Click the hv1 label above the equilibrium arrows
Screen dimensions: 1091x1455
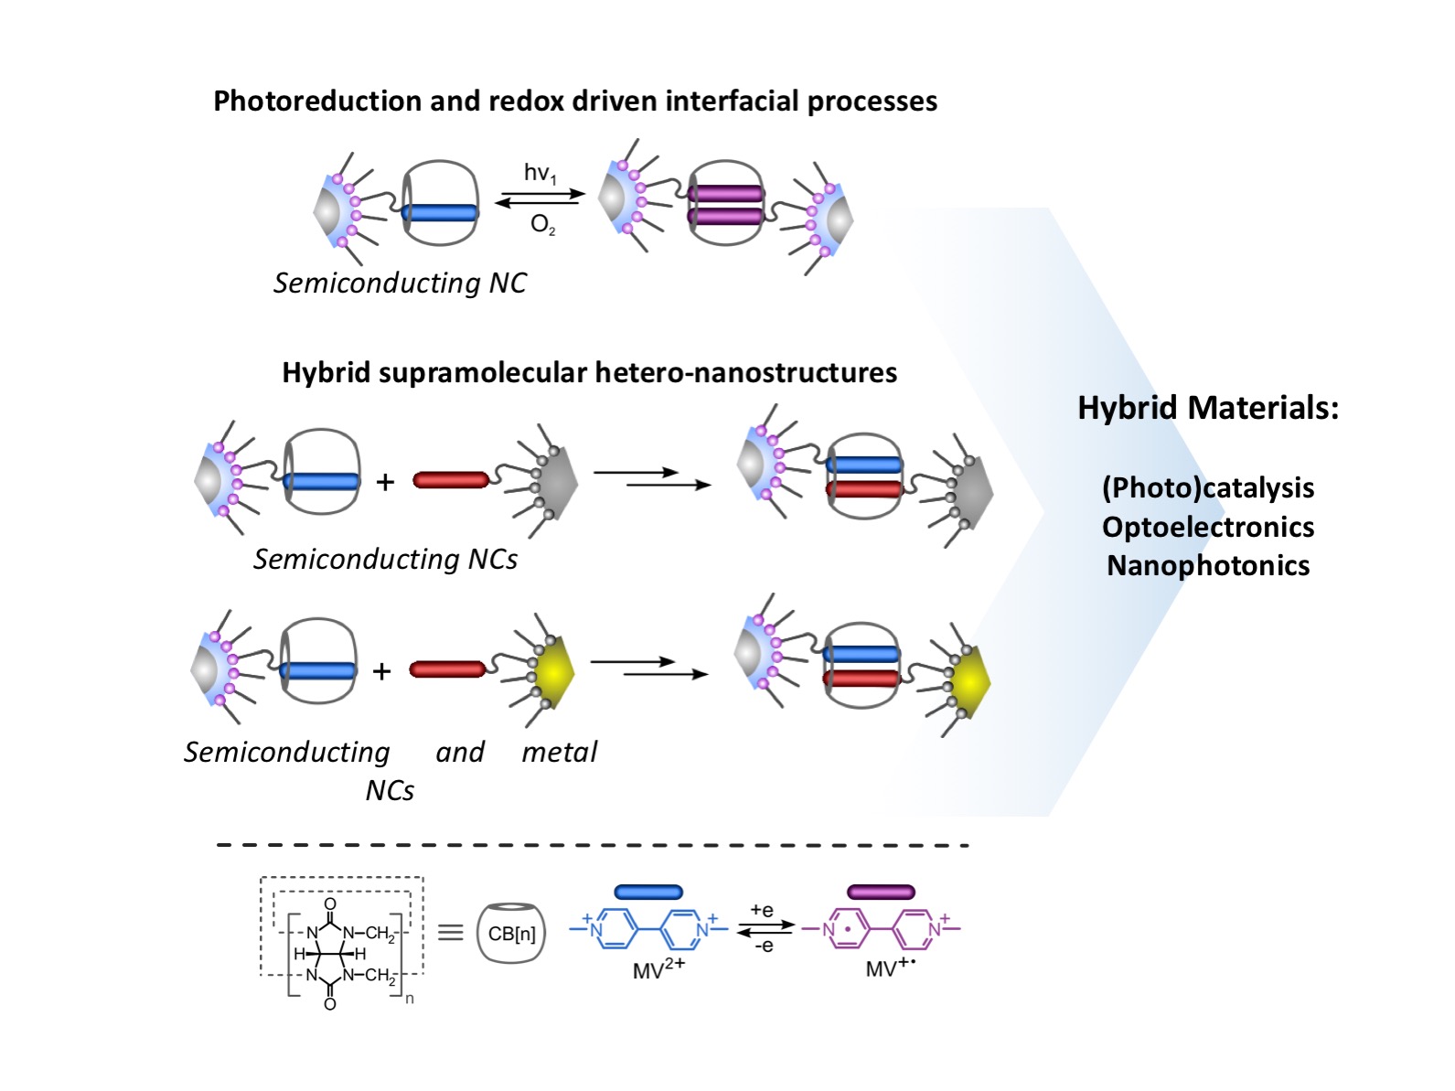coord(540,173)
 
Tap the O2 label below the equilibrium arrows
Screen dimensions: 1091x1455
coord(542,225)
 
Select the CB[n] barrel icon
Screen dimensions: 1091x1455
coord(511,933)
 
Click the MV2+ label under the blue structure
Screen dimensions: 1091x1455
coord(658,968)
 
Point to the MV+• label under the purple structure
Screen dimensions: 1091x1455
coord(890,968)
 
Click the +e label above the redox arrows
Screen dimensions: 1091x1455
coord(762,911)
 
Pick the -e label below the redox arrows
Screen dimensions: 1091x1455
coord(764,946)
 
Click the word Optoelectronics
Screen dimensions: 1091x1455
coord(1207,527)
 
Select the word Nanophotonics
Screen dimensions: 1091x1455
coord(1207,565)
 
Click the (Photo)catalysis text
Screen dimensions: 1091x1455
coord(1207,487)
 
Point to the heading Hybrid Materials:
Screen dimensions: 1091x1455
coord(1207,407)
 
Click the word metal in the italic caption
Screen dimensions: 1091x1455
coord(559,752)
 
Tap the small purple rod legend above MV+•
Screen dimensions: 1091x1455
coord(880,892)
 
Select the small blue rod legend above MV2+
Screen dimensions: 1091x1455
coord(648,892)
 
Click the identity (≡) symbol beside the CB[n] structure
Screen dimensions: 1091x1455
coord(450,932)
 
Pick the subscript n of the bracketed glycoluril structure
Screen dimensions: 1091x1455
coord(410,999)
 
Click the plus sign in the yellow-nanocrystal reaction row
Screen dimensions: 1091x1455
coord(381,671)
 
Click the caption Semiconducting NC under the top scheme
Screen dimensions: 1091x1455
coord(400,283)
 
